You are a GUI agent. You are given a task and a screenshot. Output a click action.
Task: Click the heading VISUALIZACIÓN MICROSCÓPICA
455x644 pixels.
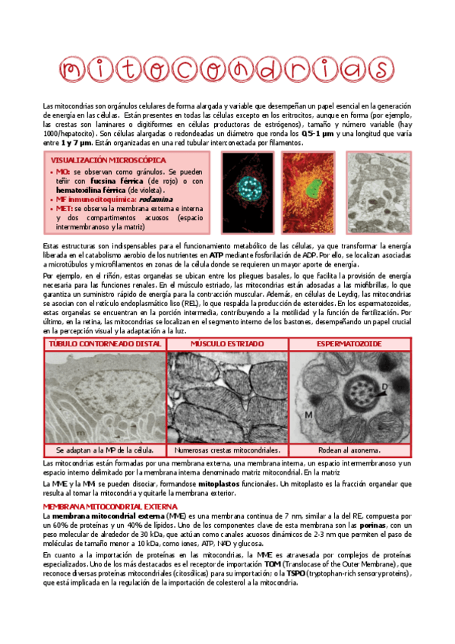click(x=108, y=161)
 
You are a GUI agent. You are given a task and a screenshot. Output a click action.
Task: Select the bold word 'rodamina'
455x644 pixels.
click(x=155, y=199)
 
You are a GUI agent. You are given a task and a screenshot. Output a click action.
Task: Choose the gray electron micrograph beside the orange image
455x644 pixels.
click(x=378, y=193)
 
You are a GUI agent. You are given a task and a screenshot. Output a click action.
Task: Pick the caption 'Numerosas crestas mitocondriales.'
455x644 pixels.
click(x=227, y=450)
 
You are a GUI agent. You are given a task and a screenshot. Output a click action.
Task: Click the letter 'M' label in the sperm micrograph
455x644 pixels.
click(x=309, y=415)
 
